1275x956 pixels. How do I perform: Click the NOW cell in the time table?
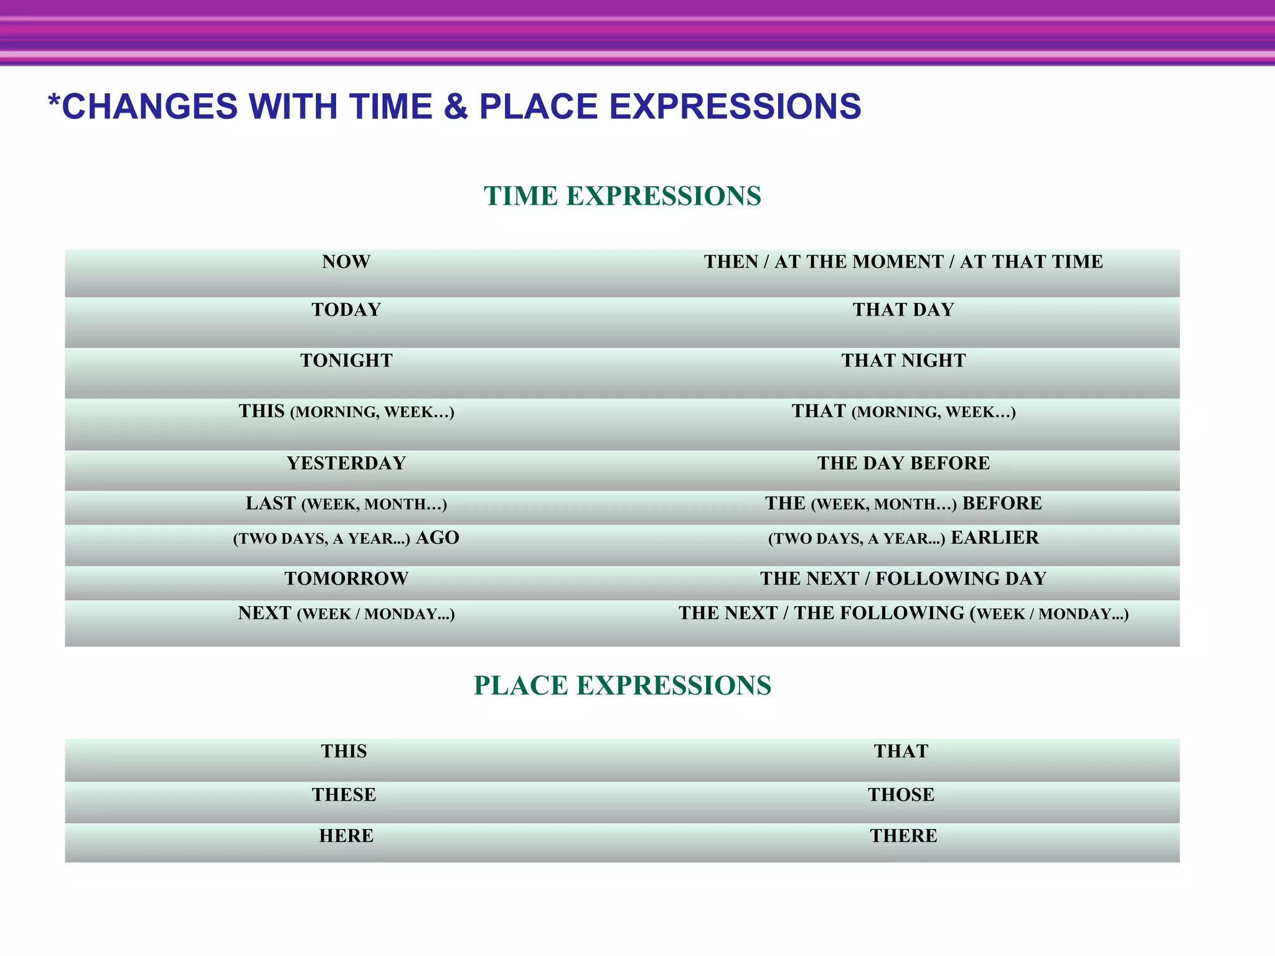tap(346, 262)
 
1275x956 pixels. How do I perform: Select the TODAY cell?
tap(346, 310)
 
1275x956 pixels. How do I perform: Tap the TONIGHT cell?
tap(346, 361)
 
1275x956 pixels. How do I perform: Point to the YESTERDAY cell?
tap(346, 464)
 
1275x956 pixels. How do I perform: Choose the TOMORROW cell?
tap(346, 579)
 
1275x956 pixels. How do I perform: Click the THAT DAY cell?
tap(903, 310)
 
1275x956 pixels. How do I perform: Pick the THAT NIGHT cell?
tap(903, 361)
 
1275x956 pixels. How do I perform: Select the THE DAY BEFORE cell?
tap(903, 464)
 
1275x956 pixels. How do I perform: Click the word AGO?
tap(437, 538)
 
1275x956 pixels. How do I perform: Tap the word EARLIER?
tap(994, 538)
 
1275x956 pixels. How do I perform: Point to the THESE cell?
tap(344, 795)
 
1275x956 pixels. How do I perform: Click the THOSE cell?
tap(901, 795)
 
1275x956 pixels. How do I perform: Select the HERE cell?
tap(346, 836)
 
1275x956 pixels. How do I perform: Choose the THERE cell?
tap(903, 836)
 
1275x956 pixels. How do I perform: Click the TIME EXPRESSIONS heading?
tap(623, 196)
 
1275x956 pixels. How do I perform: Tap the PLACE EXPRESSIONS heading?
tap(623, 685)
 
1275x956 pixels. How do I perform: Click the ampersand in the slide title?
tap(456, 107)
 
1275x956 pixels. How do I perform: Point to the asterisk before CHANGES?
tap(54, 101)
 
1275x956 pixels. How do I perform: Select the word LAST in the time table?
tap(270, 503)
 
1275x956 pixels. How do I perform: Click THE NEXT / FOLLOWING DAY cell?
tap(903, 579)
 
